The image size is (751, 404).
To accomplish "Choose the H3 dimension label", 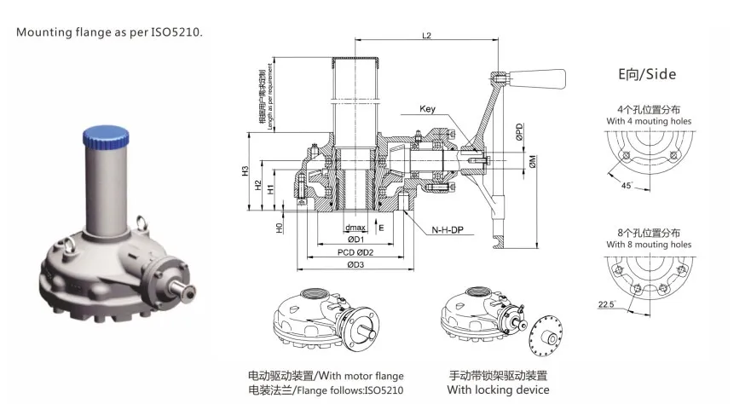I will point(246,170).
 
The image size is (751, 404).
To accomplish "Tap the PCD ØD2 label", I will point(355,252).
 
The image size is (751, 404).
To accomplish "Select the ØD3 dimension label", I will point(355,264).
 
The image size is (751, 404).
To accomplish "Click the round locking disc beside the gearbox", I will point(546,338).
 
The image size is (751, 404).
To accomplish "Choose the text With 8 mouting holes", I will point(649,245).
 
